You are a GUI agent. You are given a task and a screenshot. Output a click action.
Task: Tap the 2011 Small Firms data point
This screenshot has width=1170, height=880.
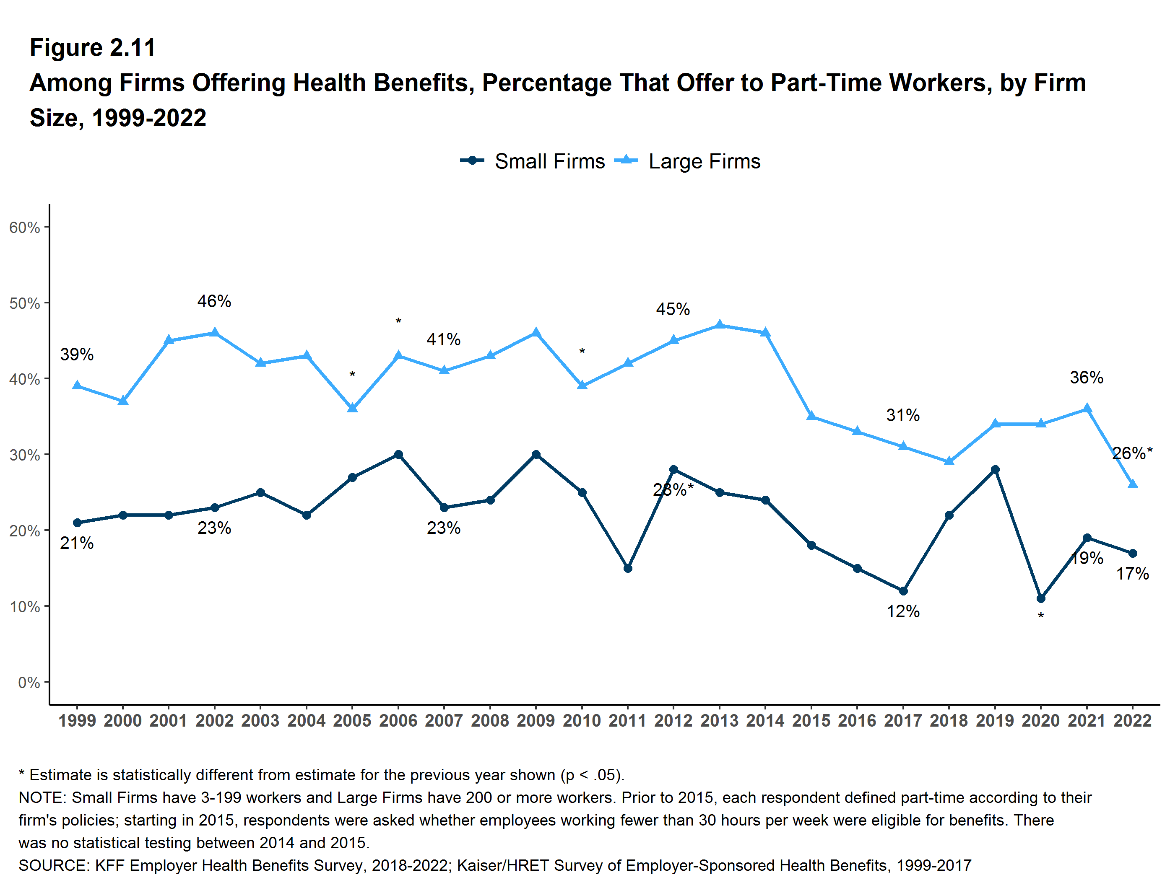pyautogui.click(x=628, y=568)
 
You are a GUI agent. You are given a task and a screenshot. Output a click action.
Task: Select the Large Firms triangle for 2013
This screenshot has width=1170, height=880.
pyautogui.click(x=719, y=324)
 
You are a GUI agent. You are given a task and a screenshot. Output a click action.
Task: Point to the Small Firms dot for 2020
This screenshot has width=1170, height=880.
pyautogui.click(x=1041, y=598)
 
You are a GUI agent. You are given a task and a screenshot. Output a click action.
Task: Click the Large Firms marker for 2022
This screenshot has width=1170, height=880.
pyautogui.click(x=1132, y=484)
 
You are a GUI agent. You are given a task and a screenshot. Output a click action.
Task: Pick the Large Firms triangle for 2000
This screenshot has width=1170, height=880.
pyautogui.click(x=123, y=401)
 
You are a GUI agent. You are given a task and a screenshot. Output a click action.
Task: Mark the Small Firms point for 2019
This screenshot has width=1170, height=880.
pyautogui.click(x=995, y=469)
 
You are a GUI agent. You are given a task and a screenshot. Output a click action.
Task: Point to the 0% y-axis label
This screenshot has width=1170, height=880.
pyautogui.click(x=29, y=682)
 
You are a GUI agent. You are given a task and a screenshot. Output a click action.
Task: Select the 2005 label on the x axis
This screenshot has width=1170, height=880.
pyautogui.click(x=352, y=721)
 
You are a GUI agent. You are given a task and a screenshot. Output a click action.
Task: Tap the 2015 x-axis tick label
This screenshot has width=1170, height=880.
pyautogui.click(x=811, y=721)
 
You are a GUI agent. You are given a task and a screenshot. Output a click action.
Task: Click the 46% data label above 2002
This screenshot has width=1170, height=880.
pyautogui.click(x=214, y=301)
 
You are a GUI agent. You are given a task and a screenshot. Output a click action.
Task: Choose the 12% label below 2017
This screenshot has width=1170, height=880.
pyautogui.click(x=903, y=611)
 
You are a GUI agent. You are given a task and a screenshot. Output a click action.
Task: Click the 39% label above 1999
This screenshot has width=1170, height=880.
pyautogui.click(x=77, y=354)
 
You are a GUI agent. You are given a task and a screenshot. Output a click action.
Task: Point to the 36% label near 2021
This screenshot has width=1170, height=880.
pyautogui.click(x=1087, y=378)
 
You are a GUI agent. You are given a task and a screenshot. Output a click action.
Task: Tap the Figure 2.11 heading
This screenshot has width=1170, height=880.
pyautogui.click(x=93, y=48)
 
